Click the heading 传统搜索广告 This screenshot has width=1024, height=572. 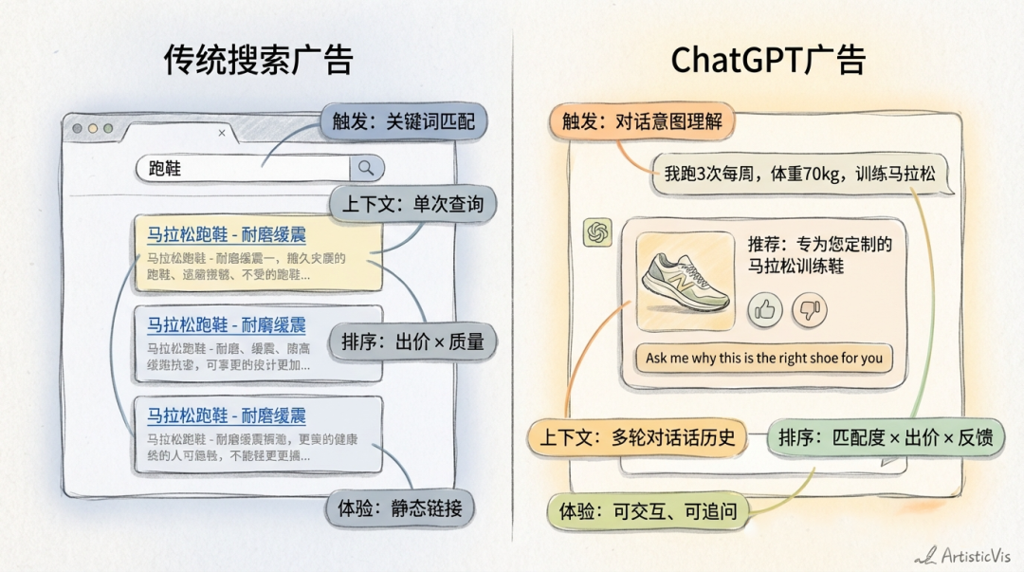tap(259, 60)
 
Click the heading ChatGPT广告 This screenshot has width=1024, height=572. tap(768, 60)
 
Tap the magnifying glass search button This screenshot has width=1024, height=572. tap(366, 169)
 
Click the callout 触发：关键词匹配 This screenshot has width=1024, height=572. tap(403, 120)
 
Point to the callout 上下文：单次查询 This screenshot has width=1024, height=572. tap(411, 204)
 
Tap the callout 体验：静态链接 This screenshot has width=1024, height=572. tap(399, 508)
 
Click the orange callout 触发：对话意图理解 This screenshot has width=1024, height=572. tap(642, 121)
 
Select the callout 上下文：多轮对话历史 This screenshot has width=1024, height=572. tap(637, 438)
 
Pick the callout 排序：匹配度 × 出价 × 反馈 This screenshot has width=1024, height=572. tap(886, 438)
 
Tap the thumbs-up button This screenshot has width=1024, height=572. tap(765, 308)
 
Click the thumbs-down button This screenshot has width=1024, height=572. tap(809, 308)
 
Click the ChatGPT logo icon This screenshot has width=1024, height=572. tap(597, 232)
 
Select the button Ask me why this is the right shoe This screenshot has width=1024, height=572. tap(763, 359)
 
